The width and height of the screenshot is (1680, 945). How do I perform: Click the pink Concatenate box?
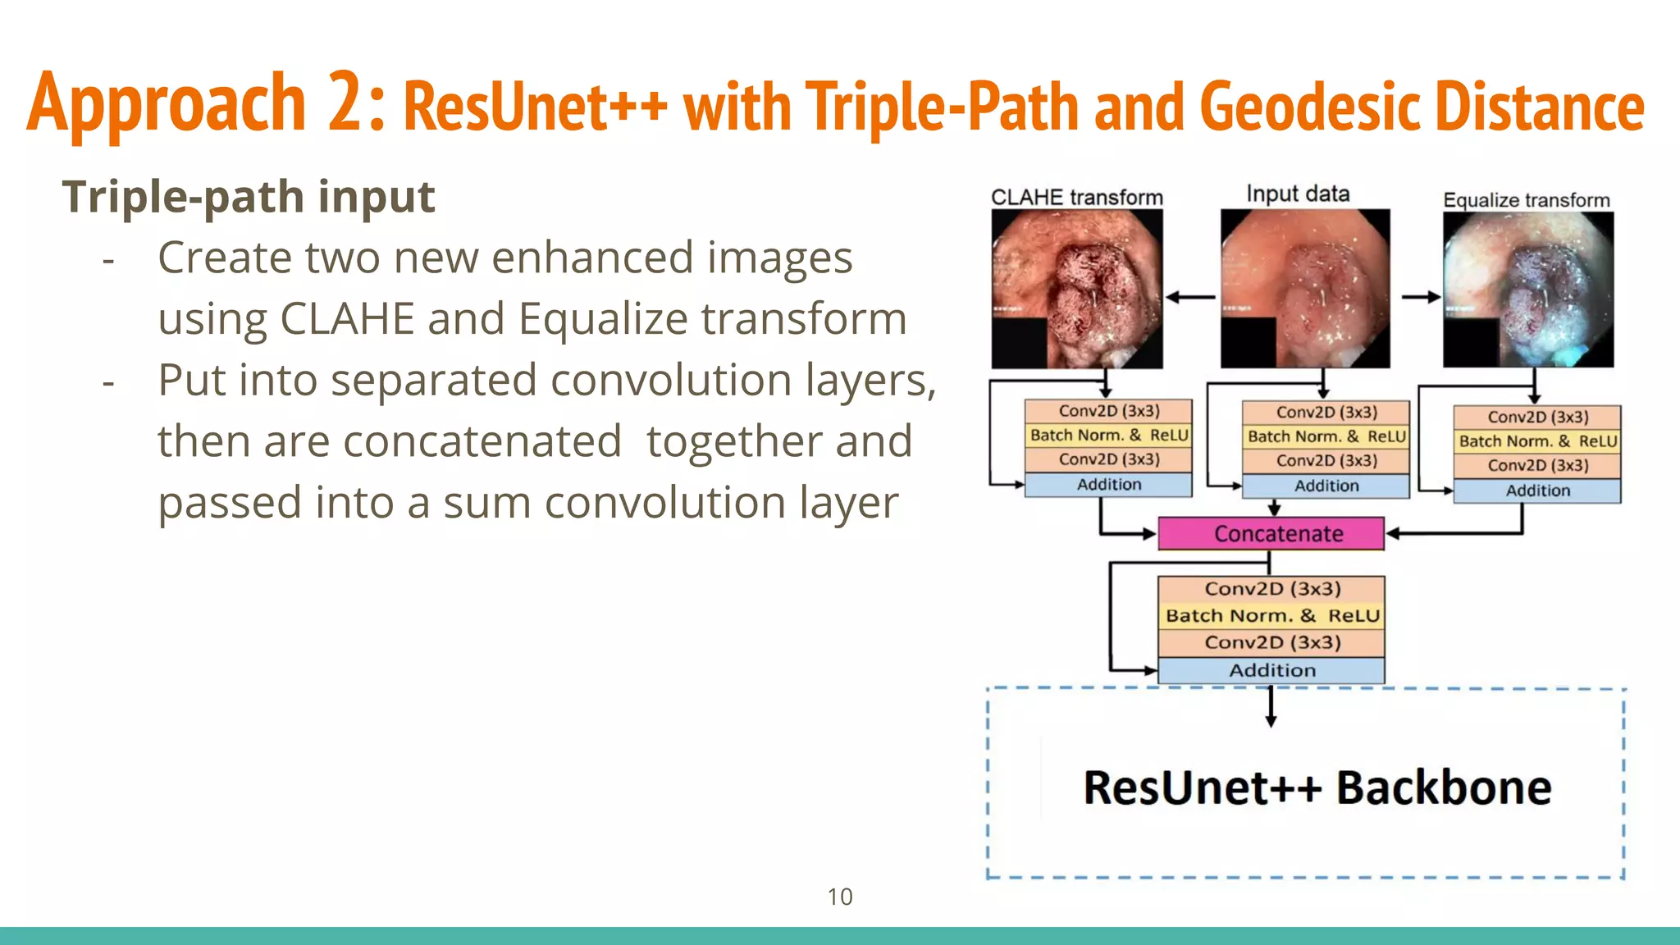coord(1271,534)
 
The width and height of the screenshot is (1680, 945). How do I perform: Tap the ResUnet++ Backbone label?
coord(1317,787)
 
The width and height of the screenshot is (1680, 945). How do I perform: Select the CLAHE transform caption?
coord(1076,198)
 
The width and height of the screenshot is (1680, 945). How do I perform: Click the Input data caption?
coord(1298,194)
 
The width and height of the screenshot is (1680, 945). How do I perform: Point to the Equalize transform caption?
coord(1526,200)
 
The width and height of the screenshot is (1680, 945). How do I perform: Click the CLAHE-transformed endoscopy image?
coord(1076,289)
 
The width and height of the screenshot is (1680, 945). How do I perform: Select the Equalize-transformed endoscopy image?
coord(1527,290)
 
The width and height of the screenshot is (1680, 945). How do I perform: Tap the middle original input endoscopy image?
coord(1304,289)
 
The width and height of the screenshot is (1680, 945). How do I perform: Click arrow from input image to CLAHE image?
coord(1191,298)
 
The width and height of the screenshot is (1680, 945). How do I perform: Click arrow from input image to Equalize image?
coord(1420,297)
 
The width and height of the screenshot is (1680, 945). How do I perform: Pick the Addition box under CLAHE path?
coord(1108,485)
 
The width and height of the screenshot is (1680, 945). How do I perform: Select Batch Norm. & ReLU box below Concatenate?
coord(1271,616)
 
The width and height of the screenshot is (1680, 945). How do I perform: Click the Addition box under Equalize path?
coord(1537,491)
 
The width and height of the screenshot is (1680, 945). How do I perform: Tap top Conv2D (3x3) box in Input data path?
coord(1326,413)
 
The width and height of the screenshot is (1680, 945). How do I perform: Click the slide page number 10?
coord(839,897)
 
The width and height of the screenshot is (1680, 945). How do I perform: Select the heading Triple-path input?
coord(248,197)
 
